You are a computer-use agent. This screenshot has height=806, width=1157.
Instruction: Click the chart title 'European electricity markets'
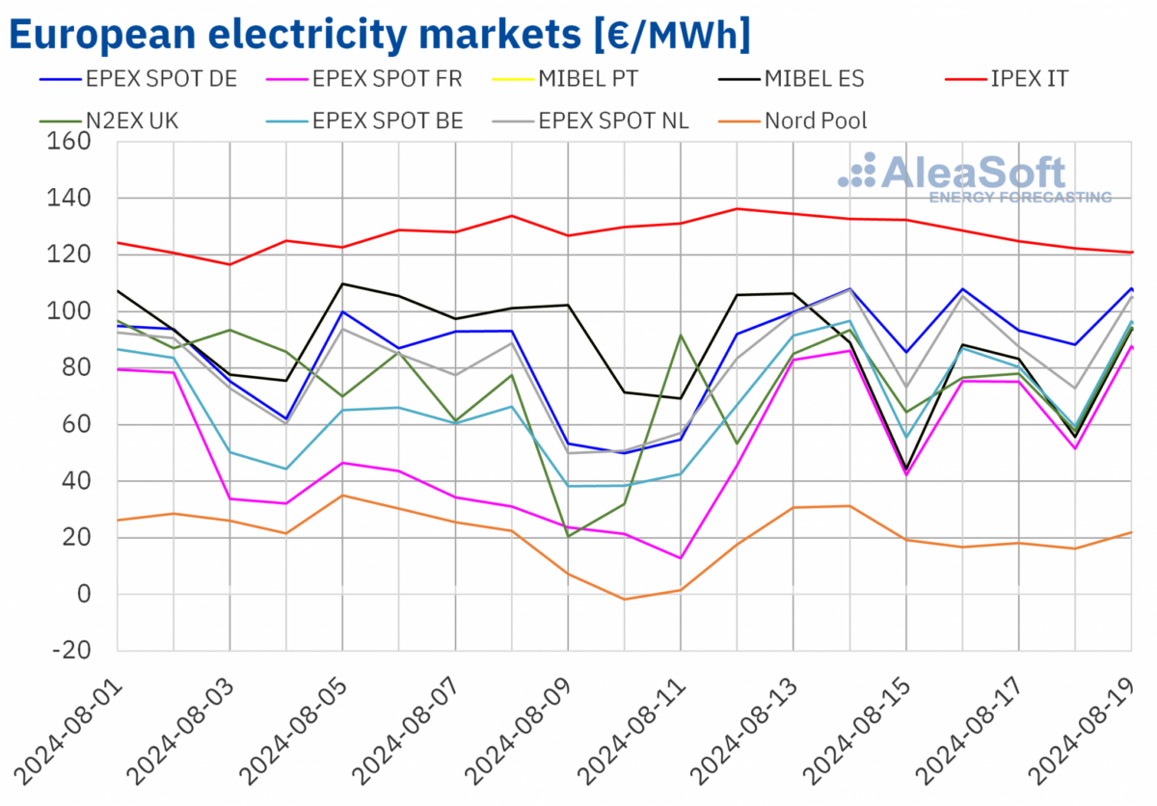coord(378,35)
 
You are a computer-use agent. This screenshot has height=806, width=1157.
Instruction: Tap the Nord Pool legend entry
coord(816,121)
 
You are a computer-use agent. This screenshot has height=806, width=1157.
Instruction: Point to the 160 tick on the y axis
coord(69,142)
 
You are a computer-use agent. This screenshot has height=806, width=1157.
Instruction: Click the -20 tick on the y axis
coord(69,651)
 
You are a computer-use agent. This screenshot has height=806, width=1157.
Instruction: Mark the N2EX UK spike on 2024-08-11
coord(681,336)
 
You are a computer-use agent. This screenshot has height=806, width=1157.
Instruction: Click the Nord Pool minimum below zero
coord(624,600)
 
